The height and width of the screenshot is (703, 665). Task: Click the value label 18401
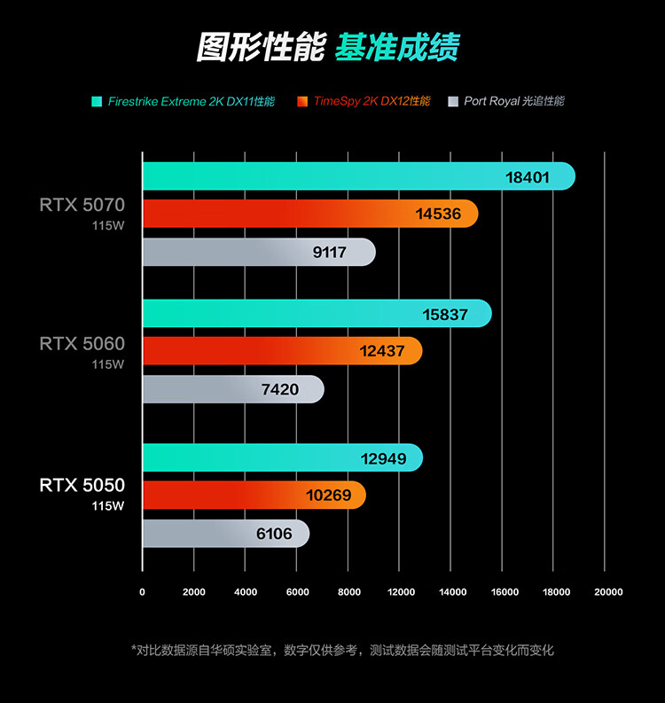click(528, 177)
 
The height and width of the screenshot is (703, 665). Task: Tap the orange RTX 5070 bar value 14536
click(438, 214)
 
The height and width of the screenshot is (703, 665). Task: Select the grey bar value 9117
click(330, 253)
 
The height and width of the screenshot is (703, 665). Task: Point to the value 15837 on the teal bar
click(445, 315)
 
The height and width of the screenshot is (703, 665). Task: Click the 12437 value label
click(382, 351)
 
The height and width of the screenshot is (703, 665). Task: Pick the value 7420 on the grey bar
click(279, 389)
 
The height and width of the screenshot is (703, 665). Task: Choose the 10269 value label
click(328, 496)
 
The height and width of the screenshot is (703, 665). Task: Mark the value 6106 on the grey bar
click(274, 534)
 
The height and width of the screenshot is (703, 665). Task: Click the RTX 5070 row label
click(82, 205)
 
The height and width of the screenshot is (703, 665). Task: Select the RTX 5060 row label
click(82, 343)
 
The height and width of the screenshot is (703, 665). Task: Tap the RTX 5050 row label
click(82, 486)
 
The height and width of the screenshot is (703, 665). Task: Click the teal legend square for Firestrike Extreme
click(97, 101)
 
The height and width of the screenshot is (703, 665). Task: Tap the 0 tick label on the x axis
click(142, 591)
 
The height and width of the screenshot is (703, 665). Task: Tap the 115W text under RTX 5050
click(108, 506)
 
